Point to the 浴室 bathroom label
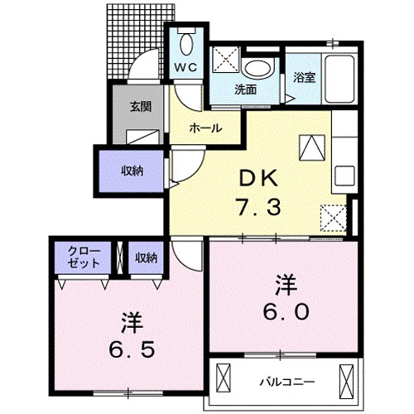tap(305, 78)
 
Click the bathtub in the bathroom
tap(341, 77)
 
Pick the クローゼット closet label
tap(84, 257)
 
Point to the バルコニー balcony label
tap(287, 382)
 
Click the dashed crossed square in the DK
tap(334, 218)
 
